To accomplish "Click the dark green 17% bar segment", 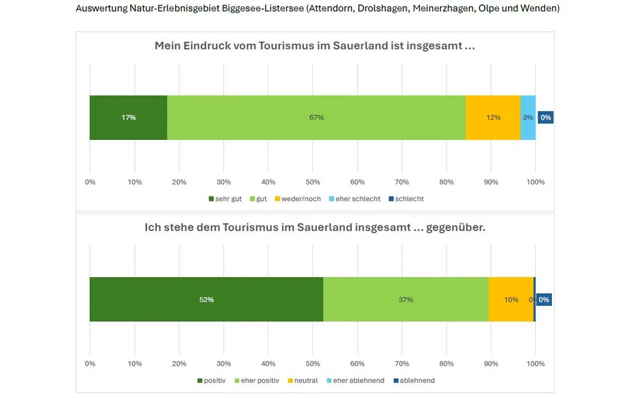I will pyautogui.click(x=128, y=117).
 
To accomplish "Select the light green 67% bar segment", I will pyautogui.click(x=316, y=117).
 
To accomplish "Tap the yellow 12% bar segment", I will pyautogui.click(x=493, y=117).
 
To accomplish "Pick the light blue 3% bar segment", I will pyautogui.click(x=528, y=117).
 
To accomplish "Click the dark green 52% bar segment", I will pyautogui.click(x=206, y=300).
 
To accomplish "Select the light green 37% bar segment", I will pyautogui.click(x=406, y=300).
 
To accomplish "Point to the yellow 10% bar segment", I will pyautogui.click(x=510, y=300).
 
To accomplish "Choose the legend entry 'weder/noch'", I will pyautogui.click(x=300, y=199).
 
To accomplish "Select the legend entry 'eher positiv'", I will pyautogui.click(x=259, y=380).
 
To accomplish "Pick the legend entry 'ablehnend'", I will pyautogui.click(x=417, y=380).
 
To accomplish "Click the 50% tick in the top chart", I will pyautogui.click(x=312, y=182).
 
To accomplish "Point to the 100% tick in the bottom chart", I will pyautogui.click(x=536, y=363).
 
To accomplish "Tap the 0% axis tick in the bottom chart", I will pyautogui.click(x=90, y=363).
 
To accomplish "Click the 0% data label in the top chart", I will pyautogui.click(x=545, y=117).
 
